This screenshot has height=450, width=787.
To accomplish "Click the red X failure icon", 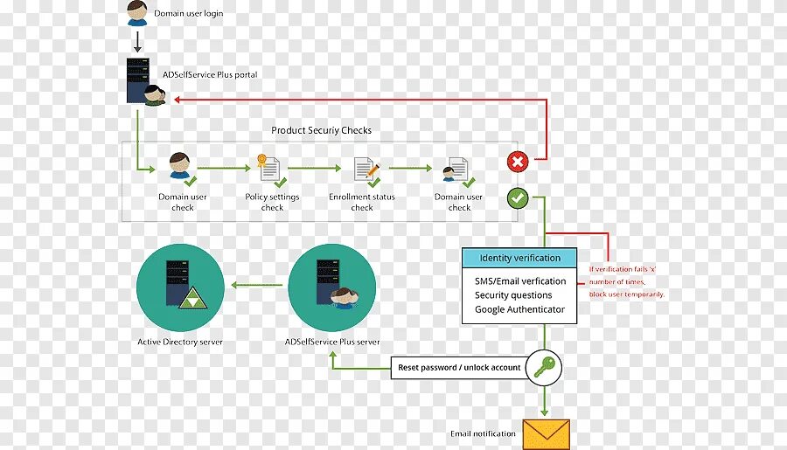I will [x=518, y=162].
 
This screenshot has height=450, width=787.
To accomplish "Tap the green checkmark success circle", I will [x=518, y=198].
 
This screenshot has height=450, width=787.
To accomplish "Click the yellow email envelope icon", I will [x=546, y=433].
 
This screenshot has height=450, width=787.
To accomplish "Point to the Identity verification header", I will [x=519, y=258].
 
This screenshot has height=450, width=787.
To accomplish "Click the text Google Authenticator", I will [x=519, y=309].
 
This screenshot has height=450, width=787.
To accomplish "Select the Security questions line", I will [x=513, y=295].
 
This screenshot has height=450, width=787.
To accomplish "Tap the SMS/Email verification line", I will [x=520, y=281].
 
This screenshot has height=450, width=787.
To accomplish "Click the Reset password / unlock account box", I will [x=459, y=368].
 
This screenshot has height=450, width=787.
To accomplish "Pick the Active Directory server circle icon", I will [x=180, y=287].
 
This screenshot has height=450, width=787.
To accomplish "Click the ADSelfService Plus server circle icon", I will [x=332, y=287].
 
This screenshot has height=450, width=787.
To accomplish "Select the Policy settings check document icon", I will [x=269, y=170].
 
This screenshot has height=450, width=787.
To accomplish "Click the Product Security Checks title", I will [x=321, y=130].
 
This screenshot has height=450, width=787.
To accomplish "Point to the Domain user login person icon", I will [x=136, y=13].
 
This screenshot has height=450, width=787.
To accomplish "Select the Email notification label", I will [x=483, y=433].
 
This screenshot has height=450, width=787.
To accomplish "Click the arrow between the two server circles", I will [x=256, y=283].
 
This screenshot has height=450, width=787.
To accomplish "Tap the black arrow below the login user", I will [x=136, y=41].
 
